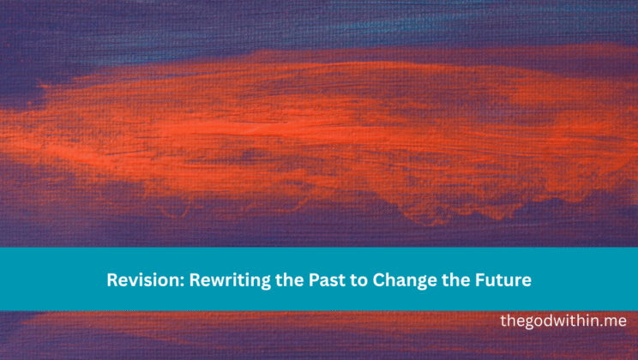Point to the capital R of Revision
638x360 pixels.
111,280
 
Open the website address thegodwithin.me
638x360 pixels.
563,321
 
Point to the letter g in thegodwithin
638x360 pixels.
531,323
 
